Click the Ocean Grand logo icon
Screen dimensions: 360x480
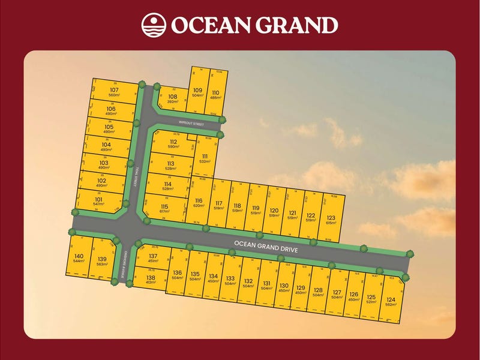pyautogui.click(x=153, y=25)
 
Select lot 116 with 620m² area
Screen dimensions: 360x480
pyautogui.click(x=199, y=203)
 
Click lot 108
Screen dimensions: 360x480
pyautogui.click(x=172, y=98)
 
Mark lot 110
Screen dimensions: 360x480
pyautogui.click(x=215, y=95)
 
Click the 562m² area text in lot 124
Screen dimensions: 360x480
pyautogui.click(x=391, y=304)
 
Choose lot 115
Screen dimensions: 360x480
pyautogui.click(x=164, y=209)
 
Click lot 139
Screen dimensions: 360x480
pyautogui.click(x=102, y=261)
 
